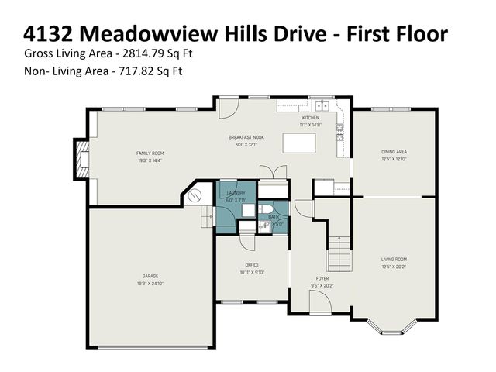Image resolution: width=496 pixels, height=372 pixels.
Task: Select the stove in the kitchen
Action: click(x=339, y=132)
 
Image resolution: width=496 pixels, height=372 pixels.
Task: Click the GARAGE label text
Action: click(x=150, y=277)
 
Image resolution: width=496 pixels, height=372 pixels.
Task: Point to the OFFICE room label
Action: click(x=252, y=265)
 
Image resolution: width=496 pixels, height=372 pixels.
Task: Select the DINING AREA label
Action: click(x=394, y=152)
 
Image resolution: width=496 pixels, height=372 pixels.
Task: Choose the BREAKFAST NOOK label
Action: click(x=246, y=137)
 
